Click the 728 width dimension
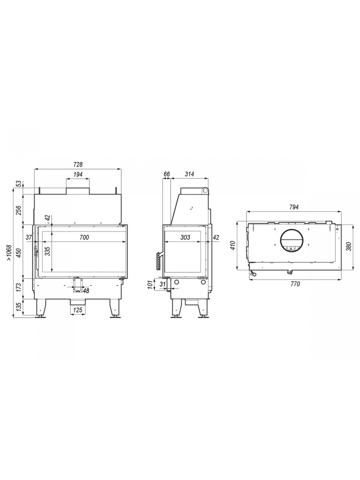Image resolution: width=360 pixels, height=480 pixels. [78, 165]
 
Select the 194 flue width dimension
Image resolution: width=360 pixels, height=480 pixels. [78, 174]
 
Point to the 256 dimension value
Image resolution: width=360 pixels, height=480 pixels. [18, 210]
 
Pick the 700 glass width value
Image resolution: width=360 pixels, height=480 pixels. [84, 237]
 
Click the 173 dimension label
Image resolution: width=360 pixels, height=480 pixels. [18, 288]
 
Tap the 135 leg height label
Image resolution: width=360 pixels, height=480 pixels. [18, 307]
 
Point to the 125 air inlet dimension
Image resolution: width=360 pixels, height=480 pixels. [78, 310]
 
